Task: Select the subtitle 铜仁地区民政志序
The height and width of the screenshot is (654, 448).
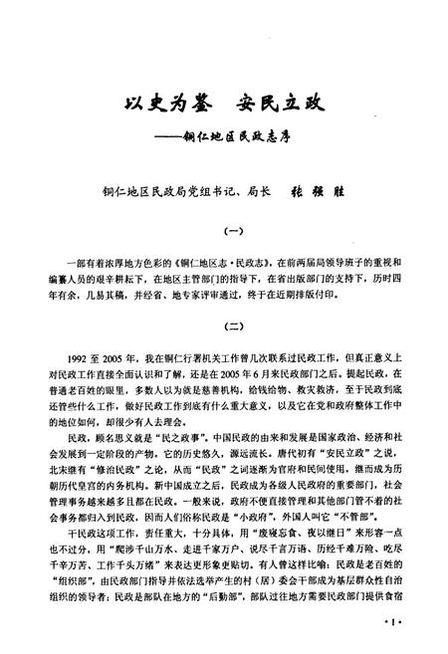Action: tap(253, 135)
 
